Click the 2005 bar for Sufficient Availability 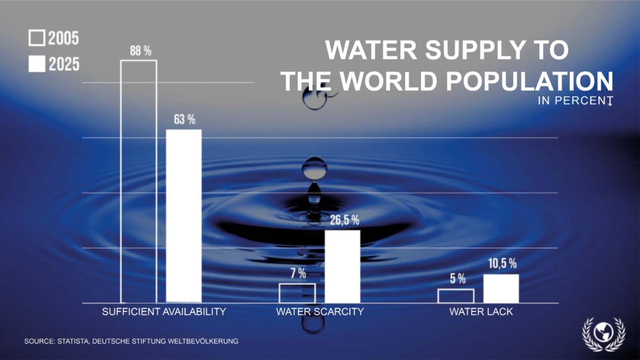[x=139, y=181]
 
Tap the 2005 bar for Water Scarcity [x=297, y=293]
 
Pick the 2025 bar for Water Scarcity [x=342, y=266]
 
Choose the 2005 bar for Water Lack [x=455, y=295]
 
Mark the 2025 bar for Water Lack [x=501, y=288]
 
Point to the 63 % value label [x=185, y=119]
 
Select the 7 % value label [x=298, y=274]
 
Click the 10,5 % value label [x=502, y=264]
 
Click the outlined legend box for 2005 [x=37, y=39]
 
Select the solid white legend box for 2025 [x=37, y=63]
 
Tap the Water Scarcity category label [x=319, y=312]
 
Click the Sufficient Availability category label [x=163, y=312]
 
